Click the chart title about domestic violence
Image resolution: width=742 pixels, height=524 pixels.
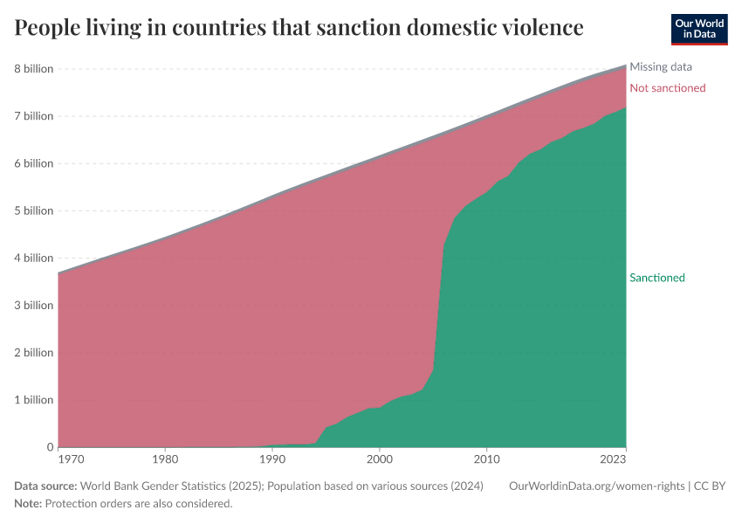click(x=299, y=28)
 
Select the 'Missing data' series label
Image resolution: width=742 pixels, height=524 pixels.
click(x=661, y=66)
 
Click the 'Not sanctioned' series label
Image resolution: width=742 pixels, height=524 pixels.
click(x=667, y=88)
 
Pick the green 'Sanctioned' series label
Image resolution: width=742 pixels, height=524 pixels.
click(x=656, y=278)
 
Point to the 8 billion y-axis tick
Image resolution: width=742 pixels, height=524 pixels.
click(x=33, y=69)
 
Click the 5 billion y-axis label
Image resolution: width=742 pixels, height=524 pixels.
click(x=33, y=210)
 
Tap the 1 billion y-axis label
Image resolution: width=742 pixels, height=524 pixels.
click(x=33, y=400)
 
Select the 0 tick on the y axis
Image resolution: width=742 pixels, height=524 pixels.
click(x=49, y=447)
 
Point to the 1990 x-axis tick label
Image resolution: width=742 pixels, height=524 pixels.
click(x=272, y=458)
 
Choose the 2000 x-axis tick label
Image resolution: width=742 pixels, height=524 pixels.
click(x=379, y=458)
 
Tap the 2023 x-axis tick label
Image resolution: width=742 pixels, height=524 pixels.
click(x=614, y=458)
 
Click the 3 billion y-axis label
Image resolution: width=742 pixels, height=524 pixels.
click(x=33, y=306)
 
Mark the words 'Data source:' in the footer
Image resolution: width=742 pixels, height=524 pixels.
click(x=45, y=486)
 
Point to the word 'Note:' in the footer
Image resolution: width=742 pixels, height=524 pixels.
click(x=28, y=504)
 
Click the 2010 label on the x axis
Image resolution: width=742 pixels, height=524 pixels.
click(x=485, y=458)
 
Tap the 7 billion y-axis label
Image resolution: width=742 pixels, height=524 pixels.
click(x=33, y=116)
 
